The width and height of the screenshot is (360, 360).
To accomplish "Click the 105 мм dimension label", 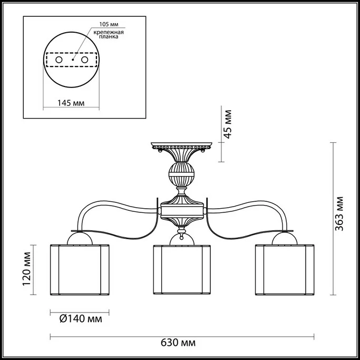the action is pyautogui.click(x=109, y=24).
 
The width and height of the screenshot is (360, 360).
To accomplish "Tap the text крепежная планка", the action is pyautogui.click(x=109, y=34).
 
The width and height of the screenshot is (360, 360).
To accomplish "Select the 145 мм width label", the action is pyautogui.click(x=71, y=103).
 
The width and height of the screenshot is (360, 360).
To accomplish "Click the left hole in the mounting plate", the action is pyautogui.click(x=59, y=60).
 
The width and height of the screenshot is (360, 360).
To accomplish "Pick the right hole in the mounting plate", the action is pyautogui.click(x=84, y=60).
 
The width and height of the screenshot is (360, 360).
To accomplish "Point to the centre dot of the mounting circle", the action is pyautogui.click(x=73, y=60).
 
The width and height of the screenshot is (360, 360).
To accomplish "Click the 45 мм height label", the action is pyautogui.click(x=228, y=124).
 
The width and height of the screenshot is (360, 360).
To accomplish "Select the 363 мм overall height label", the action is pyautogui.click(x=339, y=213).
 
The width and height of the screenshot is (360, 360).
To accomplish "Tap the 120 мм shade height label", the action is pyautogui.click(x=27, y=269).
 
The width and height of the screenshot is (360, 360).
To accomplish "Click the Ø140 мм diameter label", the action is pyautogui.click(x=81, y=319).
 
